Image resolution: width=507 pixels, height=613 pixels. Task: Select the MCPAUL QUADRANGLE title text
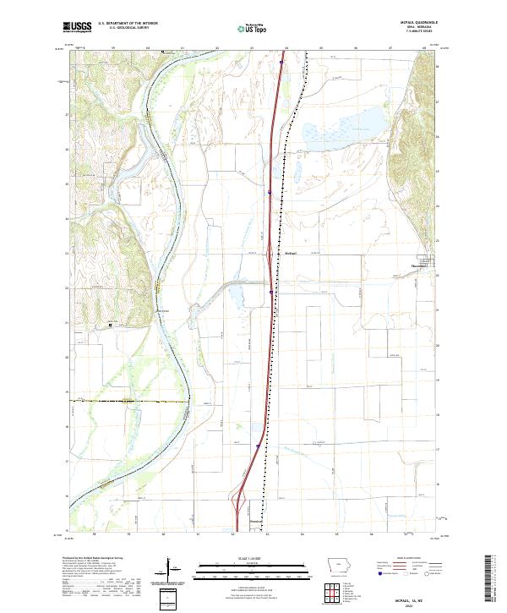click(x=412, y=22)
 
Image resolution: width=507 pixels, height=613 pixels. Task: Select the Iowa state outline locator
click(x=338, y=566)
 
